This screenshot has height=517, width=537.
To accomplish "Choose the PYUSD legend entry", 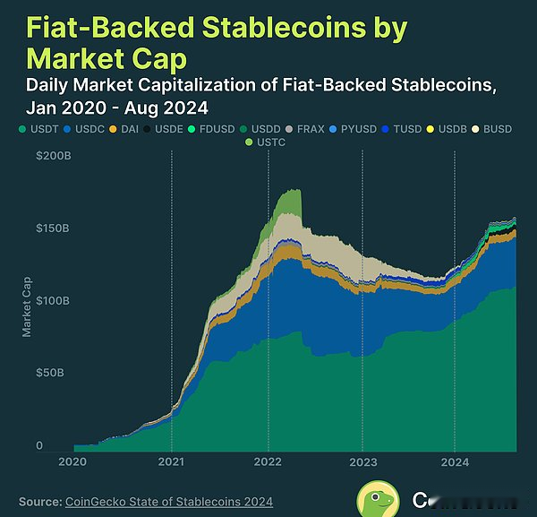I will point(360,129).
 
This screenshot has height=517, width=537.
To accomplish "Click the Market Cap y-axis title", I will point(27,306).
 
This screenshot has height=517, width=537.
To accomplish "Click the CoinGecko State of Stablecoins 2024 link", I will point(169,501).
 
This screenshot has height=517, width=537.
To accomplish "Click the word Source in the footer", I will point(38,501).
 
